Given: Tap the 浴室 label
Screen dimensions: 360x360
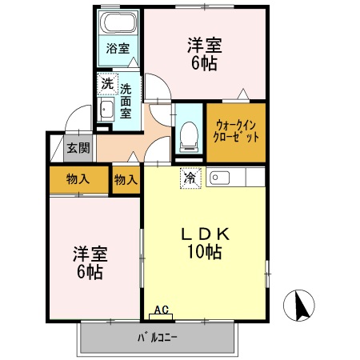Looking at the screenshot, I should point(118,48).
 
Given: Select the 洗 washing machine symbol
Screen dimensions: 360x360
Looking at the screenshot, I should point(107,82).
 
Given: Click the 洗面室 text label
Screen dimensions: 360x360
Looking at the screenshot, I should point(126,96).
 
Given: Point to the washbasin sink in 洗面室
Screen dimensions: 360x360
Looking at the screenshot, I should point(106,111).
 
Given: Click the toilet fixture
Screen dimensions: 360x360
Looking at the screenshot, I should point(189,131).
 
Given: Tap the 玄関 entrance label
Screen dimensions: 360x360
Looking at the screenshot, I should point(78,147).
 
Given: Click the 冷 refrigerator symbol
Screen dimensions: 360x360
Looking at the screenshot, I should point(190,176).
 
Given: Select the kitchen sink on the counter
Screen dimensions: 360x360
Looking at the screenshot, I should point(220,177).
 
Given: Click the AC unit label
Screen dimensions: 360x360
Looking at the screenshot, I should point(161,310).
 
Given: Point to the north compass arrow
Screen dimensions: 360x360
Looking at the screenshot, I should point(302,305).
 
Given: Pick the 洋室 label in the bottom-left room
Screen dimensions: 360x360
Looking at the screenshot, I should point(90,254).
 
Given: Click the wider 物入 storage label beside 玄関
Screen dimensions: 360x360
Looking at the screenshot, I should point(78,179).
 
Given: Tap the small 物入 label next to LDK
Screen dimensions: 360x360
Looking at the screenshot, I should point(126,179).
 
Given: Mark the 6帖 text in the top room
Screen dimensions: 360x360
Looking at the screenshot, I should point(204,65).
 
